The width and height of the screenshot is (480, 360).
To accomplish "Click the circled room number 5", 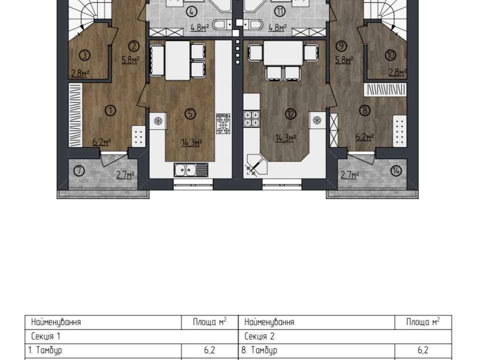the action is [190, 113].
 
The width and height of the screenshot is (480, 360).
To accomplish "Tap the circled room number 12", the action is [290, 114].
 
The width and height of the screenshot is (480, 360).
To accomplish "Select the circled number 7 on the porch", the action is [79, 170].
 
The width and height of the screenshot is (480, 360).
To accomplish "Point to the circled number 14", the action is [396, 170].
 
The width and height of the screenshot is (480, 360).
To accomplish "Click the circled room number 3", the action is [84, 55].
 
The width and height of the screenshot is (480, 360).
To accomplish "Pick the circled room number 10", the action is [390, 55].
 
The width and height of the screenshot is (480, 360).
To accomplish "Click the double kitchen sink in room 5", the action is [191, 170].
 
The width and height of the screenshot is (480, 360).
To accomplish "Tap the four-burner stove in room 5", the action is [223, 123].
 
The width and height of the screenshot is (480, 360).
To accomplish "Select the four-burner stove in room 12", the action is [251, 119].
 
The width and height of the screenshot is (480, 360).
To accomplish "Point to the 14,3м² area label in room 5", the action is [192, 142].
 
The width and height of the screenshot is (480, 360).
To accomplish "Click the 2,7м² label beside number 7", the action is [125, 175].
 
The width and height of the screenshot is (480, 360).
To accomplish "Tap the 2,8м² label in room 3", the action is [80, 73].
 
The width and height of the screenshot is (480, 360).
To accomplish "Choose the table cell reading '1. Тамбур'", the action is [45, 350].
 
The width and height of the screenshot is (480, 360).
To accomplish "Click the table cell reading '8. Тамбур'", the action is [259, 350].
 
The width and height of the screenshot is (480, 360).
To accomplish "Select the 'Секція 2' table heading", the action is [259, 336].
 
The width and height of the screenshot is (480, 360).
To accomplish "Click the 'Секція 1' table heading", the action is [45, 336].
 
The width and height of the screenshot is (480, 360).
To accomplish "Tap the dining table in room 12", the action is [283, 53].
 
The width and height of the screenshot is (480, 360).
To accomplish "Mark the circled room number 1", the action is [110, 110].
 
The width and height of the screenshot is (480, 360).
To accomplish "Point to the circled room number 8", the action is [364, 110].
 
